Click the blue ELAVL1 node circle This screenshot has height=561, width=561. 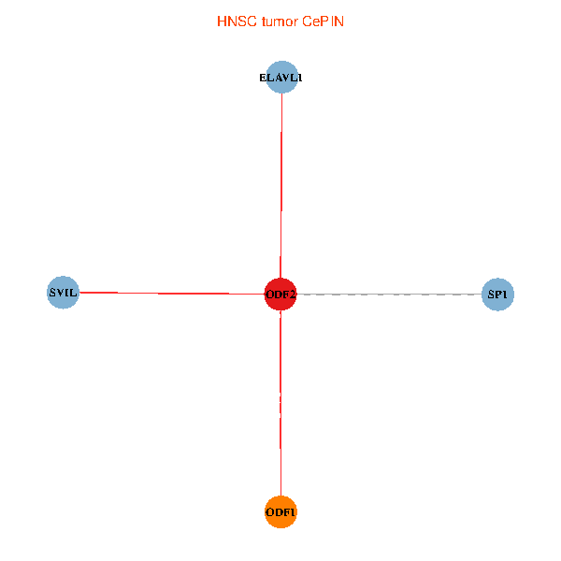click(280, 79)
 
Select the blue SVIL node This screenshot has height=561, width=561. click(63, 293)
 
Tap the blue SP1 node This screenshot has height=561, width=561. click(497, 295)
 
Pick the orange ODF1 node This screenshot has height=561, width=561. click(280, 511)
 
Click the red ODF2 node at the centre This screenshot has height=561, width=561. click(280, 294)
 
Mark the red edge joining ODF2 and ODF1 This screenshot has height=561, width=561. click(280, 402)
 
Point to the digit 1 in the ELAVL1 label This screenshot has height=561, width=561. click(299, 79)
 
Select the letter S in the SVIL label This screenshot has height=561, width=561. click(51, 293)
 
